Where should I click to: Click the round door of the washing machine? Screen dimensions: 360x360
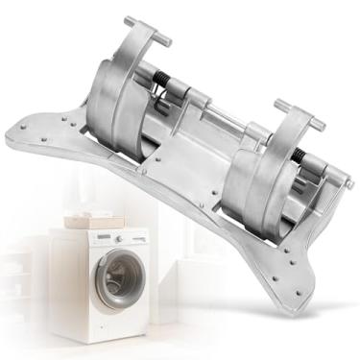click(117, 279)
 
